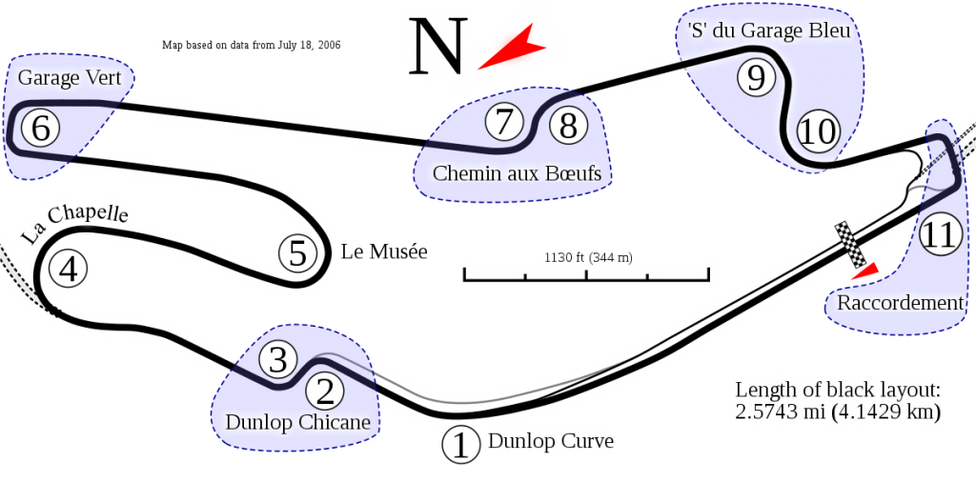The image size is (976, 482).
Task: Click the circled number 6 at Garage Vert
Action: point(40,129)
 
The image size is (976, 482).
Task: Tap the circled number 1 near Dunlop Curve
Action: point(461,445)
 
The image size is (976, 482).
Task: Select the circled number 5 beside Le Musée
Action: point(298,253)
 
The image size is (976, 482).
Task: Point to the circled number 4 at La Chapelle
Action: point(69,270)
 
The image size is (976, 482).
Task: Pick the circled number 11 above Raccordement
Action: point(938,235)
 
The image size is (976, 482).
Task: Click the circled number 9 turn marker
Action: point(756,78)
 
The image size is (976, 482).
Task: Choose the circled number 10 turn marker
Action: point(818,131)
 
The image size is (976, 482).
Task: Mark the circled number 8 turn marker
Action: point(568,127)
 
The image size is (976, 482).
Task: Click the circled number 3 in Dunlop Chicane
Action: point(277,360)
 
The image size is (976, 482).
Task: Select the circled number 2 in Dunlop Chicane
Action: point(325,392)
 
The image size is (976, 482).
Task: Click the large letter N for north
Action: point(437,46)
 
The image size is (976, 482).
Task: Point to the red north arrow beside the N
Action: point(512,48)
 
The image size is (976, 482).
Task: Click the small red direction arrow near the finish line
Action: point(865,271)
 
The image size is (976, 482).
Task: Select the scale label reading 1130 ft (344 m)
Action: point(588,257)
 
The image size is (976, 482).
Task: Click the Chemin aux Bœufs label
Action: point(518,173)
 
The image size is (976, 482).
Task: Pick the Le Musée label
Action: point(384,251)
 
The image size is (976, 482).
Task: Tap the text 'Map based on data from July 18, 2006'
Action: point(252,46)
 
